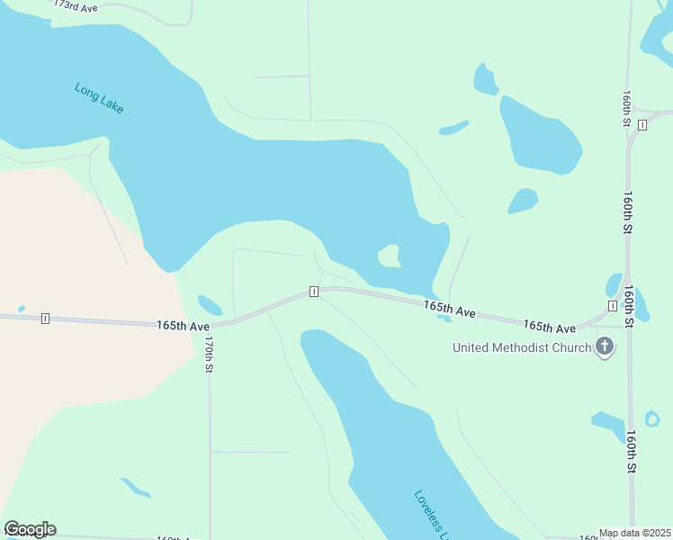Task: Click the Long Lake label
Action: point(99,98)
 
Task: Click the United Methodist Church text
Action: point(522,347)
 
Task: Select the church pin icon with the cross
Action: point(605,346)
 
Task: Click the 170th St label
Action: point(208,355)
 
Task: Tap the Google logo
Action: point(30,529)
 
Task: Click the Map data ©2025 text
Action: point(635,533)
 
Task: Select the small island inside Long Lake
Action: point(390,256)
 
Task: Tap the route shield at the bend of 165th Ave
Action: point(313,292)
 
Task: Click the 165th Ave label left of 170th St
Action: point(183,324)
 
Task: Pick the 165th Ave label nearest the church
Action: point(550,326)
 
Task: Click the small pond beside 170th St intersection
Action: point(210,305)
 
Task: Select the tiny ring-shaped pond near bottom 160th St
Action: point(652,418)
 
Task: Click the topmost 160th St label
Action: point(625,107)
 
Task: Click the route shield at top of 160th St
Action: point(642,124)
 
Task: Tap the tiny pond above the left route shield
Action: point(21,309)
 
